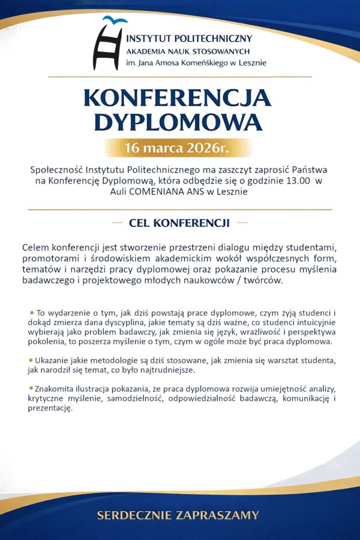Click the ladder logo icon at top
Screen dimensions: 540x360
tap(109, 46)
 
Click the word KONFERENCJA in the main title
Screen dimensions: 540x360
tap(178, 98)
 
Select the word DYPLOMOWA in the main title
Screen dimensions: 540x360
tap(178, 122)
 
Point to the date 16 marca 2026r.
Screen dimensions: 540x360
tap(177, 148)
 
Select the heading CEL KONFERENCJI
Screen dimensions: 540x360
tap(179, 223)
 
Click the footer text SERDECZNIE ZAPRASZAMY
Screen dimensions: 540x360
tap(178, 515)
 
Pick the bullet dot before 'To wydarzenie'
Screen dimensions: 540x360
tap(31, 313)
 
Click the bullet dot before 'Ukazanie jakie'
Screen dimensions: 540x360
tap(31, 359)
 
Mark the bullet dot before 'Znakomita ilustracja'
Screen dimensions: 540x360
tap(31, 388)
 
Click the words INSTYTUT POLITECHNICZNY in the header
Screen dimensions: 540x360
tap(189, 39)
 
